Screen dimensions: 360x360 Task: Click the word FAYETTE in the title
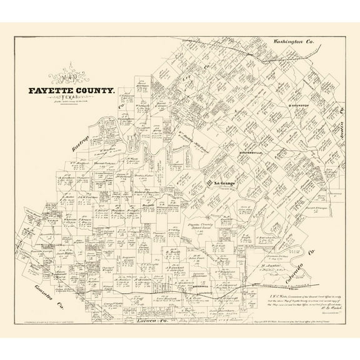pos(51,91)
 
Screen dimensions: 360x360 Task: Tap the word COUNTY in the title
pos(94,91)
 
